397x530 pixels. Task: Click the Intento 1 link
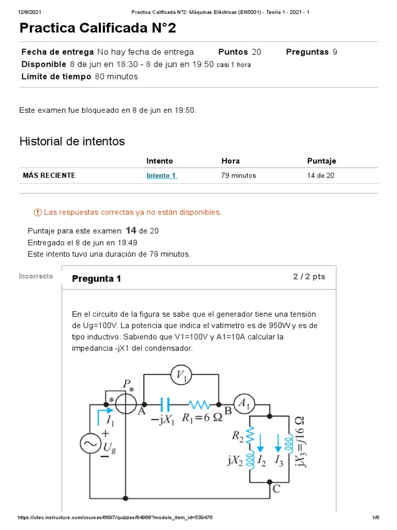[x=162, y=175]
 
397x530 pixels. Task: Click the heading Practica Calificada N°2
[x=98, y=28]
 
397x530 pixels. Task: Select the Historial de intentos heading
[x=72, y=141]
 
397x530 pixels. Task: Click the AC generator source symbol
[x=91, y=445]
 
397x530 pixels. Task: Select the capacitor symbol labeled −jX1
[x=165, y=404]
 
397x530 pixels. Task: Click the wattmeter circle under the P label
[x=126, y=404]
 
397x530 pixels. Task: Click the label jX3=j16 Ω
[x=299, y=441]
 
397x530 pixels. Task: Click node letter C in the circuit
[x=277, y=488]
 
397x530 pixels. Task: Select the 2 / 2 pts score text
[x=309, y=277]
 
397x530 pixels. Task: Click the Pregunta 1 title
[x=97, y=279]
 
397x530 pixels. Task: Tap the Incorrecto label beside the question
[x=36, y=276]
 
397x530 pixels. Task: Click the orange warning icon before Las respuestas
[x=37, y=212]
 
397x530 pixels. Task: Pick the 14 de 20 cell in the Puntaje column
[x=320, y=175]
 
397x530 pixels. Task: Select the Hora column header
[x=231, y=161]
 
